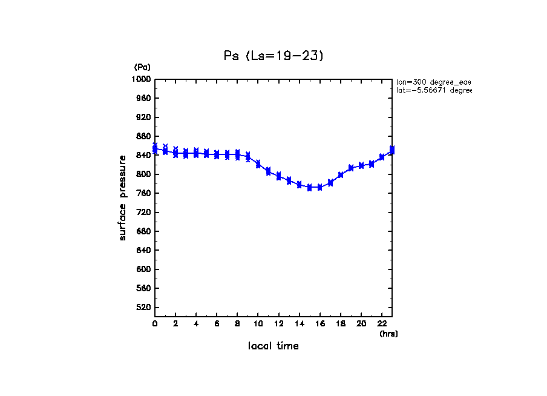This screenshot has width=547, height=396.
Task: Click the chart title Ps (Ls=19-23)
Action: click(274, 56)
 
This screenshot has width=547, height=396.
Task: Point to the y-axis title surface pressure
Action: click(123, 197)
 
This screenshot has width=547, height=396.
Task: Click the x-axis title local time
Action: click(273, 346)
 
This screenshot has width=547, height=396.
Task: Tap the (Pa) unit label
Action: click(142, 67)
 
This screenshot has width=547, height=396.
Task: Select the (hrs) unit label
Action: click(388, 334)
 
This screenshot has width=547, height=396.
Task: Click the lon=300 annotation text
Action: click(433, 82)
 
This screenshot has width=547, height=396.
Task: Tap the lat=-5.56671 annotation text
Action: click(433, 90)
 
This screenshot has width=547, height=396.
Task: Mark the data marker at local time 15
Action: click(310, 188)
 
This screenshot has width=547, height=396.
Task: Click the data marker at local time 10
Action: click(258, 164)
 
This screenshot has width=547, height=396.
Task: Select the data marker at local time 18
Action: click(341, 175)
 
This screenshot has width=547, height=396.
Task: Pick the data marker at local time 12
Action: click(279, 176)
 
